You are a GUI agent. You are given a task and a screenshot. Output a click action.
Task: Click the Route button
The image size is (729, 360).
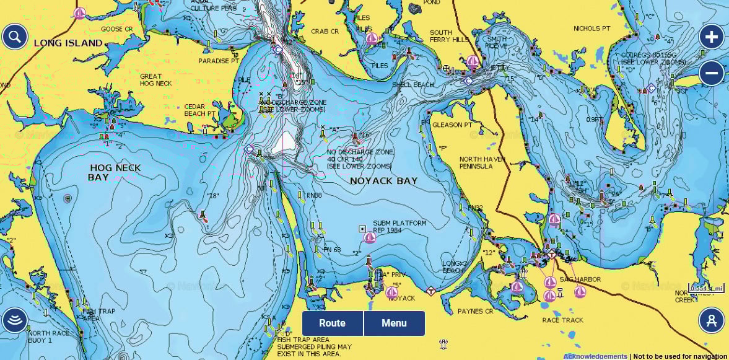pos(332,323)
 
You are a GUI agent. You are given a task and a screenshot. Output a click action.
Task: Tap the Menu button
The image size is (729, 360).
pos(394,323)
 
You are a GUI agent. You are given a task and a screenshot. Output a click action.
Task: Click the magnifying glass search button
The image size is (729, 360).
pos(14,37)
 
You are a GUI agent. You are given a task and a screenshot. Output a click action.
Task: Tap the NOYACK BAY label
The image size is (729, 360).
pos(383,181)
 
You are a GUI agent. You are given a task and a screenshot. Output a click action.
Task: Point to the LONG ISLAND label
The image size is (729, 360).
pos(68,43)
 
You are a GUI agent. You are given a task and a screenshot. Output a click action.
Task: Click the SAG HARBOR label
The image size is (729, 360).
pos(580,279)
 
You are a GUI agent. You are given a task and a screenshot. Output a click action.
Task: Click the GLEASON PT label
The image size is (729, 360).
pos(452,125)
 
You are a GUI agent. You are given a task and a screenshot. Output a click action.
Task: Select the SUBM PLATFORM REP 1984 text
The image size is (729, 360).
pos(399,227)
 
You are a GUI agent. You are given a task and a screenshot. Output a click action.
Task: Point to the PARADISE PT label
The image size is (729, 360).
pos(219,61)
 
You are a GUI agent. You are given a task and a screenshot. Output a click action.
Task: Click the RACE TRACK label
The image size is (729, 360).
pos(562,320)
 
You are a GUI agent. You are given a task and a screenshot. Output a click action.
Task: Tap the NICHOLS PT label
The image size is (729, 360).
pos(591,29)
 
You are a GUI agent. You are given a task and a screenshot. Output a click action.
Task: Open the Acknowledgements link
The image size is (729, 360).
pos(595,356)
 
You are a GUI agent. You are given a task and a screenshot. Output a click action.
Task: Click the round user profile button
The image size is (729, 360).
pos(711,320)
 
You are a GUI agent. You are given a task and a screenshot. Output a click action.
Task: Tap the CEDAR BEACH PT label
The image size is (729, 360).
pos(200,110)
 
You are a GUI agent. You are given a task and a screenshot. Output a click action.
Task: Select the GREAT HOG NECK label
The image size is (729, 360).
pos(155,80)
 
